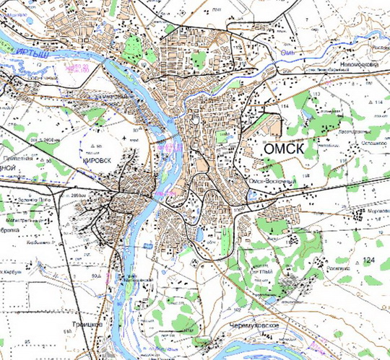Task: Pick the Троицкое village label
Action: click(88, 325)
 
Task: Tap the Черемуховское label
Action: click(253, 326)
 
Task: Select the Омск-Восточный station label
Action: click(272, 181)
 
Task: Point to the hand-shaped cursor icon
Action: click(195, 118)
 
